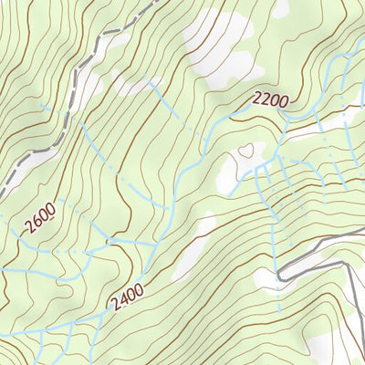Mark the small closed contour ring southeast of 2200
click(x=245, y=150)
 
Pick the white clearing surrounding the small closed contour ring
click(x=239, y=164)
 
